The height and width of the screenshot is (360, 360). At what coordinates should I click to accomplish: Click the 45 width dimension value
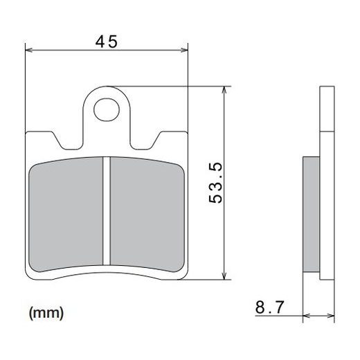coord(106,42)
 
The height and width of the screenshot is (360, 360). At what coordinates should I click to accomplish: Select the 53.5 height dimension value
coord(215,183)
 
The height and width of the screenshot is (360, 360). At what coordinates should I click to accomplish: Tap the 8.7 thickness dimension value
coord(269,307)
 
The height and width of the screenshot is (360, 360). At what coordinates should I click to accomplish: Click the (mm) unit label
coord(46,313)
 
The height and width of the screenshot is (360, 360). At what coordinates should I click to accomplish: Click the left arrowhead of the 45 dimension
coord(28,49)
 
